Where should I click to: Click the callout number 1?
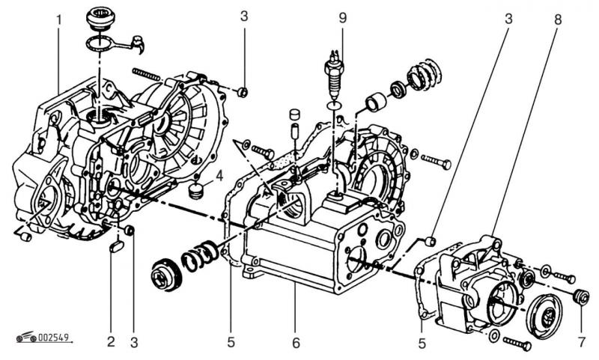pos(58,17)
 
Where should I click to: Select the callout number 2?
pos(111,343)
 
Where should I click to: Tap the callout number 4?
pos(219,177)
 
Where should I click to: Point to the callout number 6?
pos(296,343)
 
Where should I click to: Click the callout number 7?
pos(580,343)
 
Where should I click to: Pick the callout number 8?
pos(558,17)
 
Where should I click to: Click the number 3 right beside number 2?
pos(135,343)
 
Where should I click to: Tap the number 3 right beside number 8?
pos(508,17)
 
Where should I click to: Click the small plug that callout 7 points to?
pos(580,297)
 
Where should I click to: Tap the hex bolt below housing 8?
pos(517,344)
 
